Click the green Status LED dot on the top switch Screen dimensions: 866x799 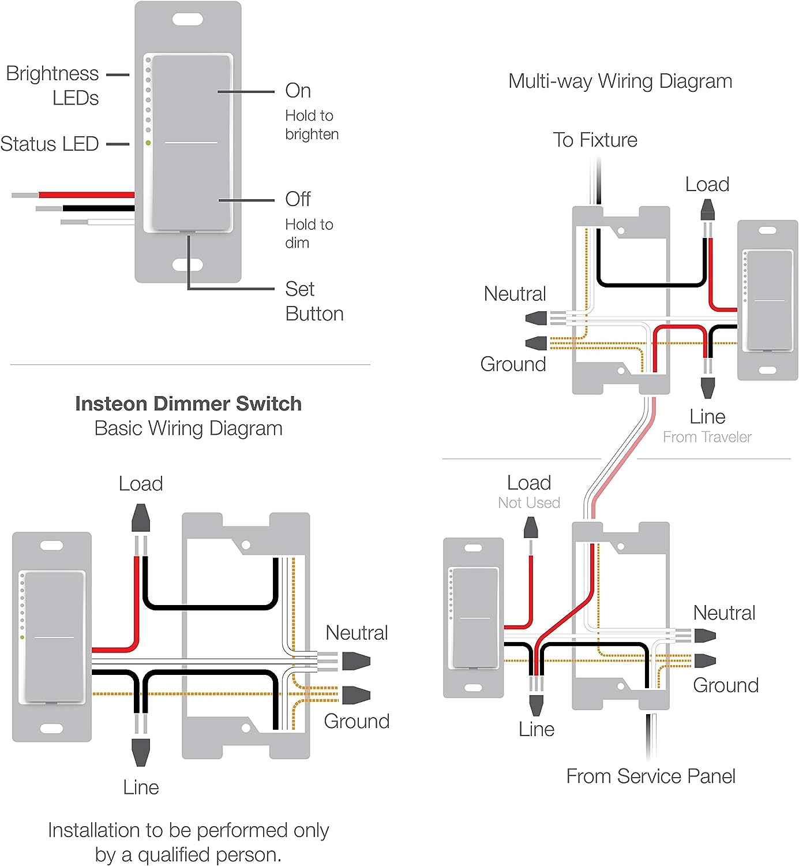coord(148,143)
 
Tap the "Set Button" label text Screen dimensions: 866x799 coord(314,301)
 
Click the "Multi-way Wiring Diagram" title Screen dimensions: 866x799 coord(620,81)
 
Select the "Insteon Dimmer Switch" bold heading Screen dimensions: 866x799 coord(188,404)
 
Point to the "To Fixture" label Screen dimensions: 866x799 coord(595,140)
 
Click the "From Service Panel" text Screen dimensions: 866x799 coord(650,777)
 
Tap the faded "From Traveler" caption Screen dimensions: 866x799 coord(707,437)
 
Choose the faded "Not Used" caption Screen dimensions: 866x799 coord(529,503)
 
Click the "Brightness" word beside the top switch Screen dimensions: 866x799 coord(52,74)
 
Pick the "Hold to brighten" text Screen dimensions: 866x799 coord(312,125)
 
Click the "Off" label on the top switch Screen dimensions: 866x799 coord(298,199)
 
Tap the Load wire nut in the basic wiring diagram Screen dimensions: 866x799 coord(141,518)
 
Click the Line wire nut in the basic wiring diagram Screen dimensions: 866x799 coord(141,752)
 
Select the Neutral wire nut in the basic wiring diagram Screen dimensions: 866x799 coord(356,660)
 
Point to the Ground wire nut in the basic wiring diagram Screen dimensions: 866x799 coord(356,695)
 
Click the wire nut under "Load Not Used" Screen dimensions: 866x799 coord(530,528)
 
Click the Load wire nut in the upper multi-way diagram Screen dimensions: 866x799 coord(707,210)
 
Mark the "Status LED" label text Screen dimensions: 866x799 coord(50,144)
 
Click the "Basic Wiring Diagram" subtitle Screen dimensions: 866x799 coord(188,428)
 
